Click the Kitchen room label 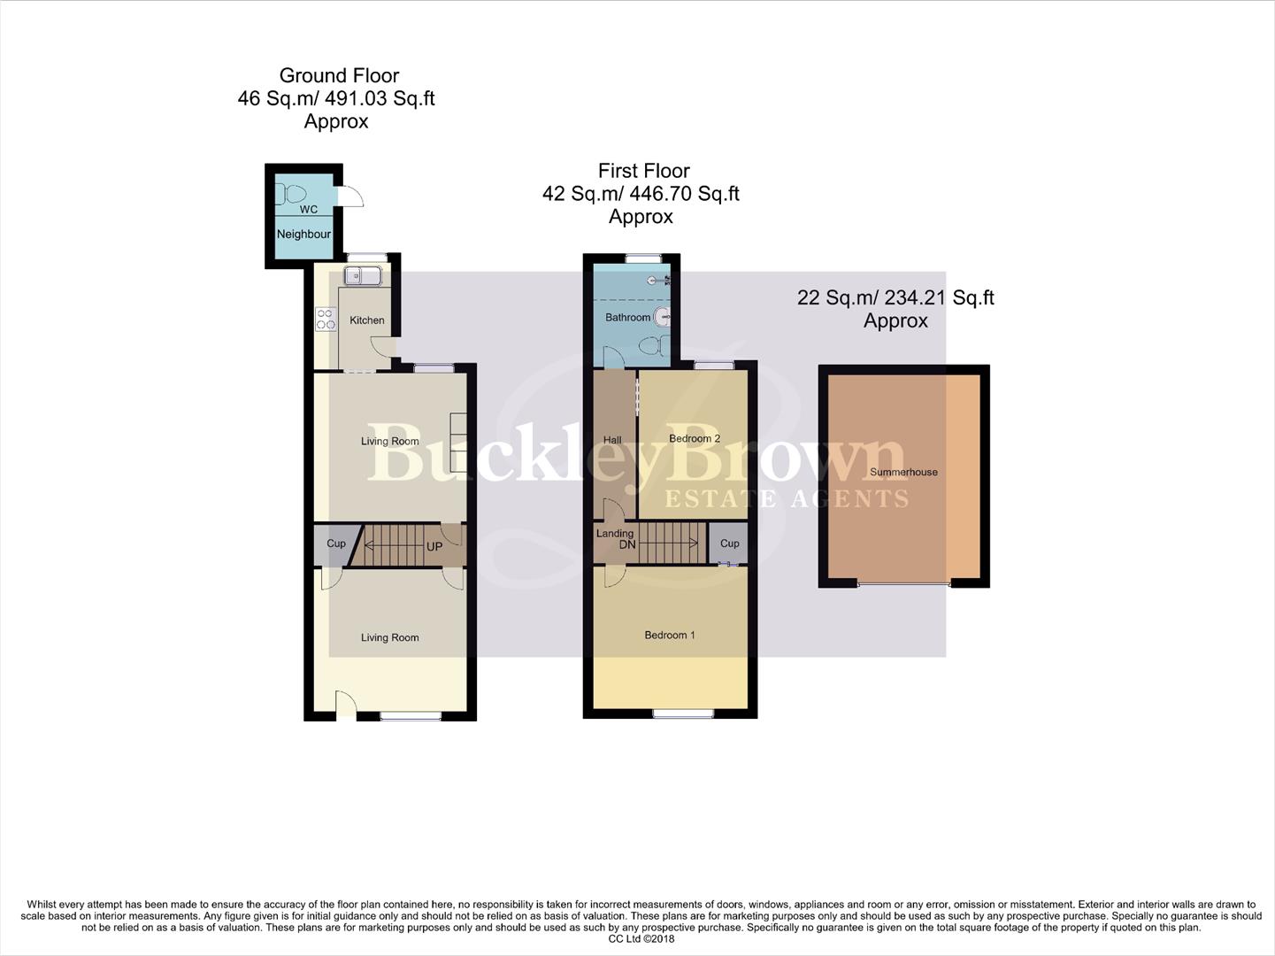tap(366, 320)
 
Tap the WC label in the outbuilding tap(309, 210)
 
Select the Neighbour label tap(303, 235)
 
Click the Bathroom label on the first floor tap(627, 318)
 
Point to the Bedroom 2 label tap(695, 439)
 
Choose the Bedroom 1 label tap(669, 636)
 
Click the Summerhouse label tap(903, 473)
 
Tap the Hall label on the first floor tap(612, 440)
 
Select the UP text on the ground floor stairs tap(434, 547)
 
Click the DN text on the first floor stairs tap(627, 544)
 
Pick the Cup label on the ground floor tap(336, 544)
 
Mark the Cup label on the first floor tap(729, 544)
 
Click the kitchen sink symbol tap(362, 276)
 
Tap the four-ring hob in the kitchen tap(326, 319)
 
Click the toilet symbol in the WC tap(293, 193)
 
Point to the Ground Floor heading tap(339, 76)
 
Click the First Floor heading tap(643, 171)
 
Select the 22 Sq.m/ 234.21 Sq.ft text tap(895, 298)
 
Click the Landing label tap(614, 534)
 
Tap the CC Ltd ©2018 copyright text tap(641, 938)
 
